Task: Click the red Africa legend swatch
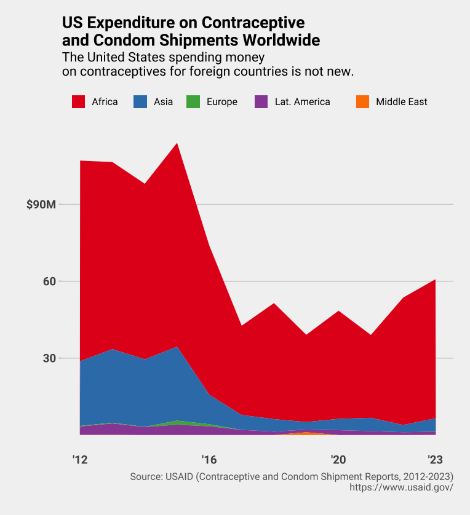click(x=78, y=102)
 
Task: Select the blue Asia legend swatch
click(x=140, y=102)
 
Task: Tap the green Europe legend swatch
click(x=193, y=102)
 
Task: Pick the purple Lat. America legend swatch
click(x=261, y=102)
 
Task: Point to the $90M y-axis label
click(x=42, y=205)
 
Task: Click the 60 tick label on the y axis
click(x=49, y=281)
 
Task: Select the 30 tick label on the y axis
click(x=49, y=358)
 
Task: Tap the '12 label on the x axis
click(x=80, y=460)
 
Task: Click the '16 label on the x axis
click(x=209, y=460)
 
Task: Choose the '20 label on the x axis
click(x=338, y=460)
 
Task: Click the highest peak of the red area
click(x=177, y=145)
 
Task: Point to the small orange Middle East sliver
click(x=306, y=433)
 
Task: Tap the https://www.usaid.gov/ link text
click(x=401, y=487)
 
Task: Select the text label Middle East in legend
click(x=401, y=102)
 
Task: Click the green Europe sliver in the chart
click(x=178, y=422)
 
